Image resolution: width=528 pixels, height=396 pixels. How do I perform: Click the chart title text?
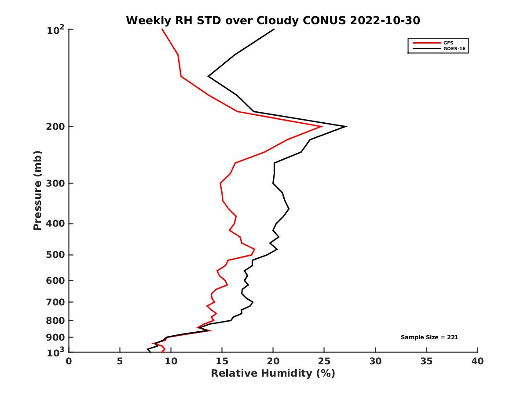(x=273, y=20)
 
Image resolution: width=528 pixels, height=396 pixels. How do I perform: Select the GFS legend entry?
(x=448, y=43)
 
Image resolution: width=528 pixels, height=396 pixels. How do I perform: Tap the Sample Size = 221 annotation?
(x=429, y=337)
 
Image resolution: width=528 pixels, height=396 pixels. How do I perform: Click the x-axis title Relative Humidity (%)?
(x=273, y=374)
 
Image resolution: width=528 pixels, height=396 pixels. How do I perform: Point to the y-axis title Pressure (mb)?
(x=38, y=191)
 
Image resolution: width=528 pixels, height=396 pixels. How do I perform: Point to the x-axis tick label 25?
(x=324, y=361)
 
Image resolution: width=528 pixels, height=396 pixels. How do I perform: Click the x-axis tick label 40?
(x=477, y=361)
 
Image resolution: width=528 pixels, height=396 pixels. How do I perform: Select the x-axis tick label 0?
(x=69, y=361)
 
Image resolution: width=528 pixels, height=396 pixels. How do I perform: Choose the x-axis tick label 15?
(x=222, y=361)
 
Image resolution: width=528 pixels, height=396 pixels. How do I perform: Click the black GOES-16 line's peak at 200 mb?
(x=346, y=127)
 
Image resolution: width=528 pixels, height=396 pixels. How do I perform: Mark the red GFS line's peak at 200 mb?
(x=322, y=127)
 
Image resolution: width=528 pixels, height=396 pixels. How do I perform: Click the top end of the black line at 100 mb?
(x=274, y=29)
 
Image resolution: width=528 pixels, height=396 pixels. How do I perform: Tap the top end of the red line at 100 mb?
(x=162, y=29)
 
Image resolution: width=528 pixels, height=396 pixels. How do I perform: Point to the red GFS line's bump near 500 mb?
(x=254, y=249)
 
